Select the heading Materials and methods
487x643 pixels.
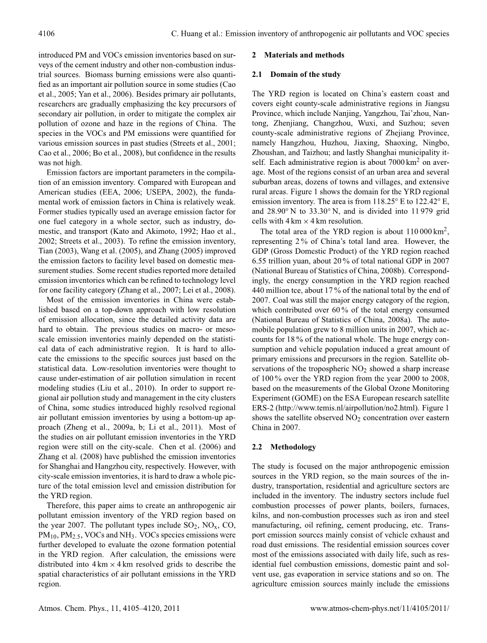(x=304, y=55)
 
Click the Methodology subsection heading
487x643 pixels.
(x=293, y=447)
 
